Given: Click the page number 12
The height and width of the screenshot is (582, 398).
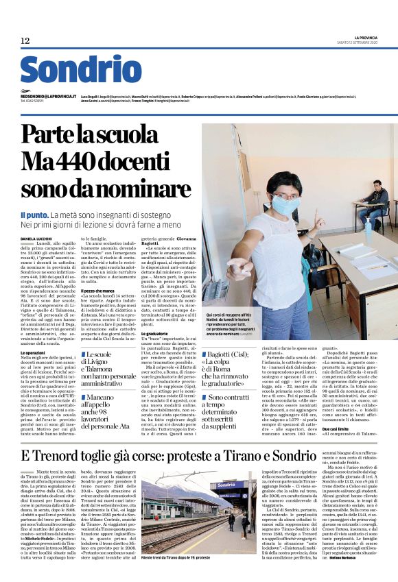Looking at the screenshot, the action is [x=25, y=41].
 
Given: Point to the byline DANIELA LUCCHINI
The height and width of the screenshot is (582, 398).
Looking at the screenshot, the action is [x=38, y=237].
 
